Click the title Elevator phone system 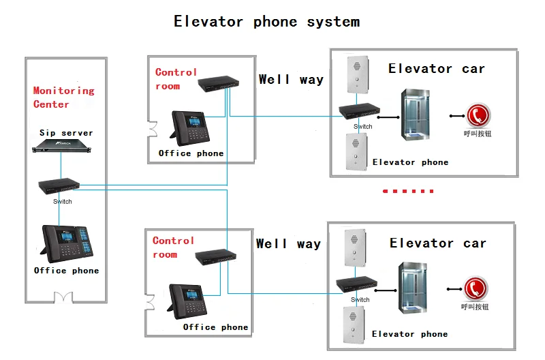tap(266, 22)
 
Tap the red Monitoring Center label tap(63, 97)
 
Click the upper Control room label tap(176, 79)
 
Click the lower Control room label tap(173, 247)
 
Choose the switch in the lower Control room tap(215, 256)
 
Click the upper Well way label tap(291, 80)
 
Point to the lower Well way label tap(288, 244)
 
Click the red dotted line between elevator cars tap(408, 191)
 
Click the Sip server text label tap(65, 133)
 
